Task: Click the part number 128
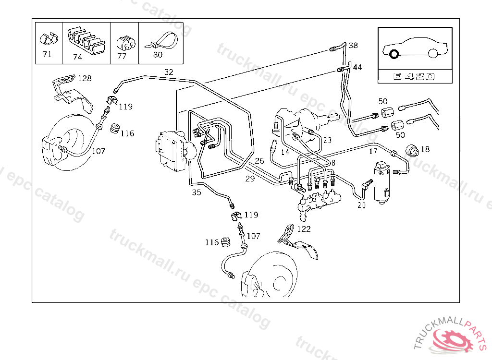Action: coord(85,78)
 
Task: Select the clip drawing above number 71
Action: coord(49,38)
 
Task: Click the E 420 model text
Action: coord(414,76)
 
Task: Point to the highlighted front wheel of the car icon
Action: coord(394,54)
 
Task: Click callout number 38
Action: coord(353,46)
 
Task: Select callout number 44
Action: coord(357,67)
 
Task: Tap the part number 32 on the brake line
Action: coord(169,72)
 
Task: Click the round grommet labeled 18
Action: coord(412,151)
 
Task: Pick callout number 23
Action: coord(327,140)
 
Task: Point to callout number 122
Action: coord(304,229)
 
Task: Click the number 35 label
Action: coord(197,192)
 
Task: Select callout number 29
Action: coord(250,179)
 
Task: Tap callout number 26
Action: coord(259,161)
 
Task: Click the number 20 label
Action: coord(362,205)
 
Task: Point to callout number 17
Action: coord(373,152)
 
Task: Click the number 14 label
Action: coord(285,153)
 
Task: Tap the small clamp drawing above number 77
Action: coord(126,43)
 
